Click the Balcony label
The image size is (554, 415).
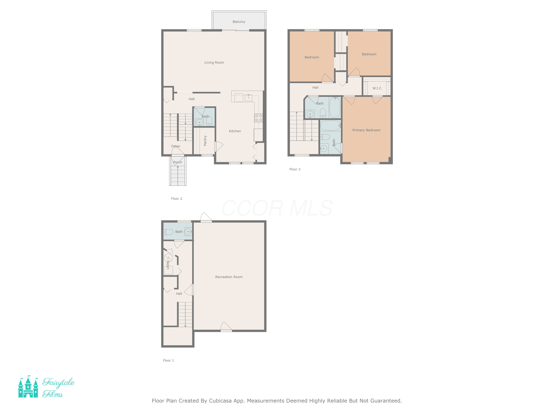click(239, 22)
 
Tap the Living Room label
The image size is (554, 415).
click(214, 63)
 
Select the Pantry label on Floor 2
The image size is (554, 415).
click(205, 141)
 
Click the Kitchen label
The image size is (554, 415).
click(235, 131)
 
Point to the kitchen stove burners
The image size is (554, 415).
click(259, 118)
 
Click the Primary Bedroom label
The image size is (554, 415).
click(366, 130)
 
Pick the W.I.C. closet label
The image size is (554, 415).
click(377, 88)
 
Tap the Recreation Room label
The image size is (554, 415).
click(229, 277)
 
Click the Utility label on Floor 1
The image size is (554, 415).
click(168, 265)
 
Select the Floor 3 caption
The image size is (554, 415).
click(295, 169)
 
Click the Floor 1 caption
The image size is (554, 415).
click(168, 360)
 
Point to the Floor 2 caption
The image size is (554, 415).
click(177, 199)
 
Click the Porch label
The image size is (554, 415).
click(178, 162)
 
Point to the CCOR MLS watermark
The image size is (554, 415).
click(277, 208)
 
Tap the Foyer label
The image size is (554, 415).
click(176, 146)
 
